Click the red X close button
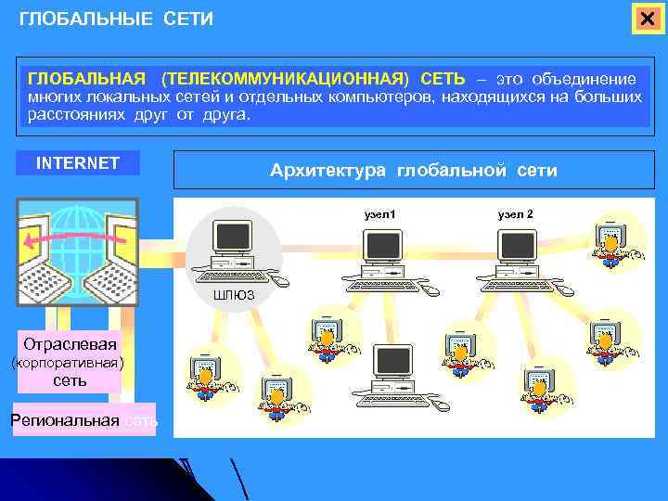647,19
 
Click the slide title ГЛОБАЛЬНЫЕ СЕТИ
116,19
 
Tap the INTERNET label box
78,163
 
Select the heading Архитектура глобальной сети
413,171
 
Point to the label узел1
379,214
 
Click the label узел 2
515,214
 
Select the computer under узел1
383,258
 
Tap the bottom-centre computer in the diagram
392,377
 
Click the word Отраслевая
71,342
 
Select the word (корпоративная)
66,362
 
